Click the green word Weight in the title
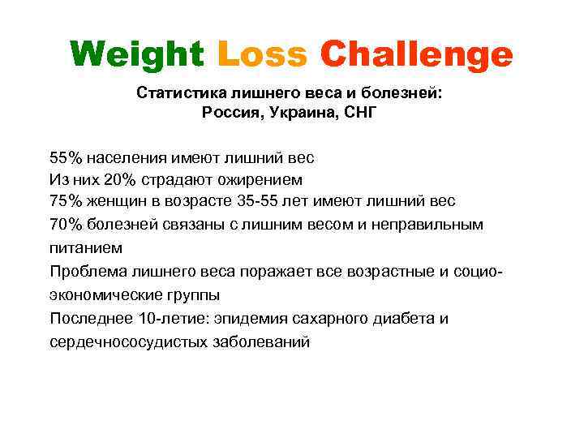pos(137,55)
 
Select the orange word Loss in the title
pos(263,55)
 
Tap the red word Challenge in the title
pos(417,55)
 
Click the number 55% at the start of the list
pos(65,157)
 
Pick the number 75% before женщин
pos(65,200)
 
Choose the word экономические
pos(106,294)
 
